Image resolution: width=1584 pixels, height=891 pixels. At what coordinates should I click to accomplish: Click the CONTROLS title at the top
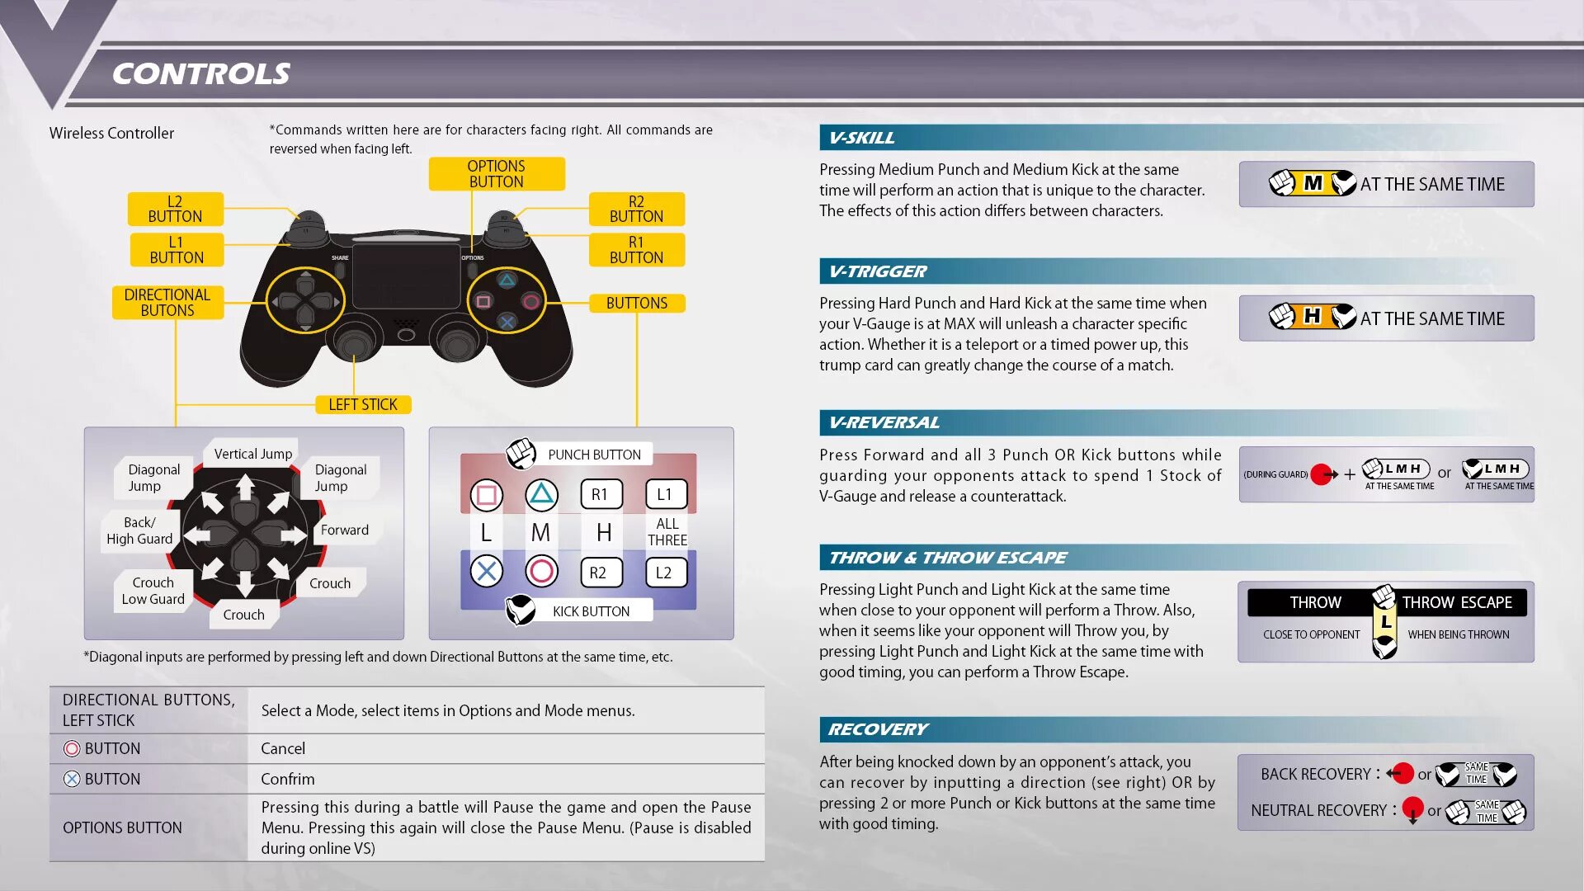tap(200, 74)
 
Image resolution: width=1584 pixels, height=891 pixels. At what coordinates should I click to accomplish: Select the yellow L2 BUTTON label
tap(175, 210)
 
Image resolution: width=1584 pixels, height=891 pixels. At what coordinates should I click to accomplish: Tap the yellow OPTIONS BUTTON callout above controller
tap(496, 174)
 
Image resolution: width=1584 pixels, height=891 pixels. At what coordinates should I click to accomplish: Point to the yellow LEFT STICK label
tap(363, 404)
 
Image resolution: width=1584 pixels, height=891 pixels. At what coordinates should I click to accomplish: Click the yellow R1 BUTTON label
tap(636, 250)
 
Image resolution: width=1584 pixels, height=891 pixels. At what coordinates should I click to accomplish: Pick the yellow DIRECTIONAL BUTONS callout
tap(167, 303)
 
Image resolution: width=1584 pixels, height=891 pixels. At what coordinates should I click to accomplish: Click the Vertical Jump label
tap(252, 454)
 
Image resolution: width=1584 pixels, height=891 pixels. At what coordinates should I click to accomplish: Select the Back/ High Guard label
tap(139, 530)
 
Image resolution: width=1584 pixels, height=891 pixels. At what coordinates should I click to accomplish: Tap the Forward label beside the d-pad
tap(345, 530)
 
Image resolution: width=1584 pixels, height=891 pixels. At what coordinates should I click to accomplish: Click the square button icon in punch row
tap(486, 495)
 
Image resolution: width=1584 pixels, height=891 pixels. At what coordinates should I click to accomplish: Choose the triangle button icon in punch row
tap(541, 494)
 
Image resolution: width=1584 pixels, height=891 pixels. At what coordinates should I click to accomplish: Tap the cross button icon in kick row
tap(486, 571)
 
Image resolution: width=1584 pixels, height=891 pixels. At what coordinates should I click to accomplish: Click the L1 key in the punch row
tap(665, 494)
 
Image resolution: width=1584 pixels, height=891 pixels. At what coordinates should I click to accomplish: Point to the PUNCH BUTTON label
tap(594, 455)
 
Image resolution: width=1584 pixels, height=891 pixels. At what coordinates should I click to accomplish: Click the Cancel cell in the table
tap(283, 748)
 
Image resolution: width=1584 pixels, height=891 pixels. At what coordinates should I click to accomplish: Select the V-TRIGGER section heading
tap(878, 271)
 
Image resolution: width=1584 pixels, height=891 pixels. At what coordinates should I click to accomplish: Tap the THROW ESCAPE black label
tap(1457, 602)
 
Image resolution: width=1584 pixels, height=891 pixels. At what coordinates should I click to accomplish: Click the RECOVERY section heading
tap(878, 729)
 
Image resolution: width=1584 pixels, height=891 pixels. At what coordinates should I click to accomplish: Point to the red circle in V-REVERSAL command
tap(1322, 474)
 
